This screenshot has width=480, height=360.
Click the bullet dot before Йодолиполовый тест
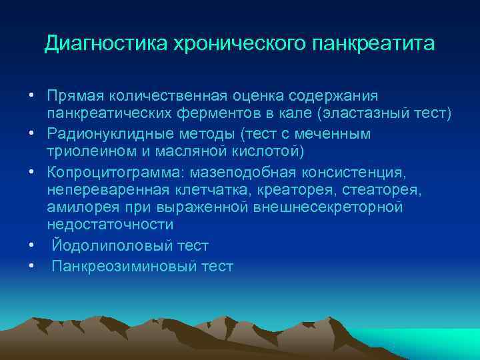click(x=31, y=247)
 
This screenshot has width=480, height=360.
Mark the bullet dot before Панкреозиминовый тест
click(x=31, y=267)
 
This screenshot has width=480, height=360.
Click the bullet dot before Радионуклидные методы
click(x=31, y=133)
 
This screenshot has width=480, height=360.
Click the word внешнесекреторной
click(x=329, y=209)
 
